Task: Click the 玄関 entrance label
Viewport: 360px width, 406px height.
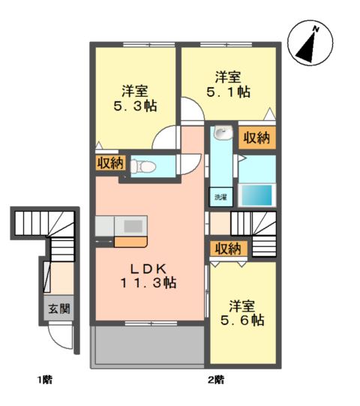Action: [x=59, y=308]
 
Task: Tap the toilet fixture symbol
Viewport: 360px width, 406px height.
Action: [x=142, y=166]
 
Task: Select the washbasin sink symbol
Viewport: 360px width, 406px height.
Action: [x=223, y=134]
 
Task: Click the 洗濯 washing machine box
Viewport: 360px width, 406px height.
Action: [x=220, y=197]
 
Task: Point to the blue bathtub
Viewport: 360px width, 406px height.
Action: [x=256, y=194]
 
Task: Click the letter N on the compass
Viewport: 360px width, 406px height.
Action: [x=316, y=29]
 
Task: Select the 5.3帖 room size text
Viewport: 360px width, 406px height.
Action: [x=135, y=106]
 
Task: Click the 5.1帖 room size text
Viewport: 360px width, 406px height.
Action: [x=228, y=92]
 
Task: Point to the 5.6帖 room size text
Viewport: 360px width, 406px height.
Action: [x=242, y=320]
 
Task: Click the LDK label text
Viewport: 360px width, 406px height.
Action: [x=148, y=269]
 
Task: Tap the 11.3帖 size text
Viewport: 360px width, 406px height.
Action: [x=148, y=283]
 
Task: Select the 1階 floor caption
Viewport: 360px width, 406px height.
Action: [x=45, y=380]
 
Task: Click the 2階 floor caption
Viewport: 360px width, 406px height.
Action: [x=216, y=380]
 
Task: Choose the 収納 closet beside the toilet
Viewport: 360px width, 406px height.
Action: [x=111, y=163]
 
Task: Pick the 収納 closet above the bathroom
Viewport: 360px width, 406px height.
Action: [x=256, y=138]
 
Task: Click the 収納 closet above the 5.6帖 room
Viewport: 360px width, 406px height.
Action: [x=228, y=248]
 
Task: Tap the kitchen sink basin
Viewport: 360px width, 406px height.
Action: [x=133, y=227]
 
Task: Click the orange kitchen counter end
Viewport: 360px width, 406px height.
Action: [x=131, y=242]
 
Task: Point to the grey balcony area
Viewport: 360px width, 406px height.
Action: [x=148, y=345]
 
